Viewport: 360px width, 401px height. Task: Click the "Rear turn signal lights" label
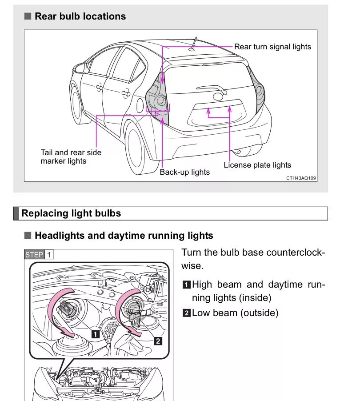[x=272, y=47]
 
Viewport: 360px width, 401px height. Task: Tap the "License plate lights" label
[x=257, y=165]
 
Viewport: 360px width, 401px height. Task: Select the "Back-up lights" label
[x=184, y=172]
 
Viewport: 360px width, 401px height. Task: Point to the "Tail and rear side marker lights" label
[x=71, y=156]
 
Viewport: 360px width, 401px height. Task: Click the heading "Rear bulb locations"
[x=80, y=16]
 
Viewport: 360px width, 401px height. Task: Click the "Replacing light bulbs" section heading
[x=71, y=213]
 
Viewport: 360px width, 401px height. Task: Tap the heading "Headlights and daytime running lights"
[x=124, y=236]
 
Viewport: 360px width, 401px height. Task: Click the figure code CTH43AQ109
[x=301, y=178]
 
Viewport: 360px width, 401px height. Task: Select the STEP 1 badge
[x=39, y=255]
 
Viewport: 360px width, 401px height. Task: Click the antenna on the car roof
[x=193, y=45]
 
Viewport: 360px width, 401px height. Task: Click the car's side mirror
[x=80, y=68]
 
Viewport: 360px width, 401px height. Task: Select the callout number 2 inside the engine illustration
[x=158, y=341]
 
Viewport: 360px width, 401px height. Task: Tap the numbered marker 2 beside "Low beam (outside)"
[x=187, y=313]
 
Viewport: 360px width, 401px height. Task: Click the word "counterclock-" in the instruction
[x=295, y=253]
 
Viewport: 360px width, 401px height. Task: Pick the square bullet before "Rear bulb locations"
[x=28, y=16]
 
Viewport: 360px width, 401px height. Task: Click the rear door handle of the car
[x=126, y=92]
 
